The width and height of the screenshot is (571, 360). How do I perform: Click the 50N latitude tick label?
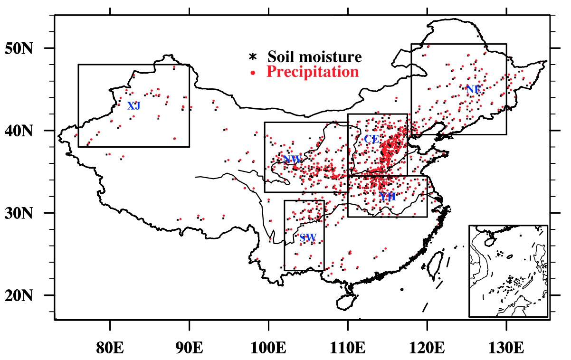(x=19, y=48)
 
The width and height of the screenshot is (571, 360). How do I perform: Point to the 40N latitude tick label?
(x=19, y=131)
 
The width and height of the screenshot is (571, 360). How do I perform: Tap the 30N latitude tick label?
(x=19, y=213)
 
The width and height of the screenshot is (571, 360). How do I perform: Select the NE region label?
(x=473, y=89)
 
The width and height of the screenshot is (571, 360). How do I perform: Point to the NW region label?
(x=292, y=159)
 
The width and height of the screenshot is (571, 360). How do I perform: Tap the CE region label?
(x=371, y=139)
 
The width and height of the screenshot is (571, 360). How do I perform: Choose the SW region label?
(x=308, y=237)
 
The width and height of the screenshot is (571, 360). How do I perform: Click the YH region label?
(x=388, y=197)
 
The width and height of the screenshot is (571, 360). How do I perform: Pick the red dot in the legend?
(x=253, y=73)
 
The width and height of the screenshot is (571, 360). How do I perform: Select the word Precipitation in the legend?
(x=312, y=72)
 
